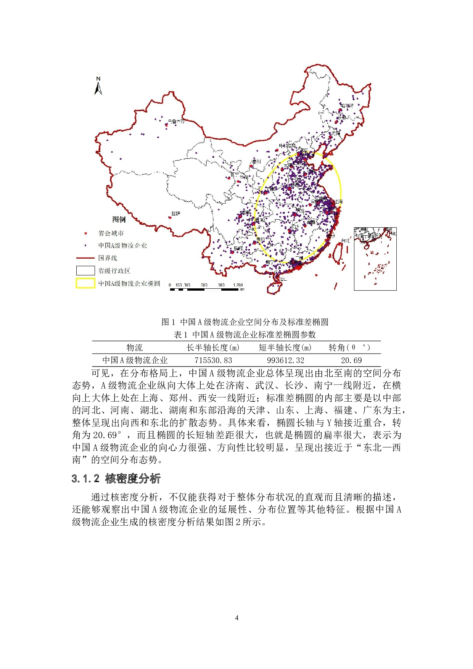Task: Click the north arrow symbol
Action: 98,86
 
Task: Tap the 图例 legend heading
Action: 119,219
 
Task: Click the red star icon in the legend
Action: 86,233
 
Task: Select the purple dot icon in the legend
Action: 85,246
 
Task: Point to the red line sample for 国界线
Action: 85,258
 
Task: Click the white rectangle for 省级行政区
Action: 85,271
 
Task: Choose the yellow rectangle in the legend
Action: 85,283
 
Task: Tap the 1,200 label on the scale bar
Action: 238,285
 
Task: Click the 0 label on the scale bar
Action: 170,285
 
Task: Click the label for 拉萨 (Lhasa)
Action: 176,214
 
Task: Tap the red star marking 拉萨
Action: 170,217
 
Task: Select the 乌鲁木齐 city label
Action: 176,122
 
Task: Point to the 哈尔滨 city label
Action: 347,106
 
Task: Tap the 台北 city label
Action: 345,241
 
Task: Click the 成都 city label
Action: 246,213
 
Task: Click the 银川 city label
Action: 256,162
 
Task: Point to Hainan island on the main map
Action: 274,288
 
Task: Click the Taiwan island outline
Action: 338,253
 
